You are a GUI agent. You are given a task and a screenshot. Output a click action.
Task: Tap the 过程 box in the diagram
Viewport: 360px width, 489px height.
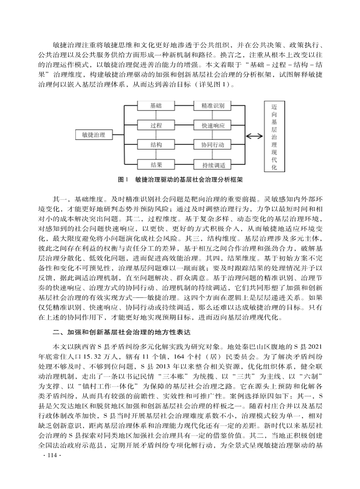click(x=156, y=125)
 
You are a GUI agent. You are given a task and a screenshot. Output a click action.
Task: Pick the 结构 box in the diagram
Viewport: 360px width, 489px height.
click(x=156, y=145)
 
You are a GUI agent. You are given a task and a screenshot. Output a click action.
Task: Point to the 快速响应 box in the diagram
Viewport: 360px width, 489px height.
click(x=213, y=125)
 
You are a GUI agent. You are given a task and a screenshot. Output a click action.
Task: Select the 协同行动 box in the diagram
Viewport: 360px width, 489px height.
click(x=213, y=145)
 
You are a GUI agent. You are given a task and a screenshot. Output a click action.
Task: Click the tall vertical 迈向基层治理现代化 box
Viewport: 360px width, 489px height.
click(x=274, y=135)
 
